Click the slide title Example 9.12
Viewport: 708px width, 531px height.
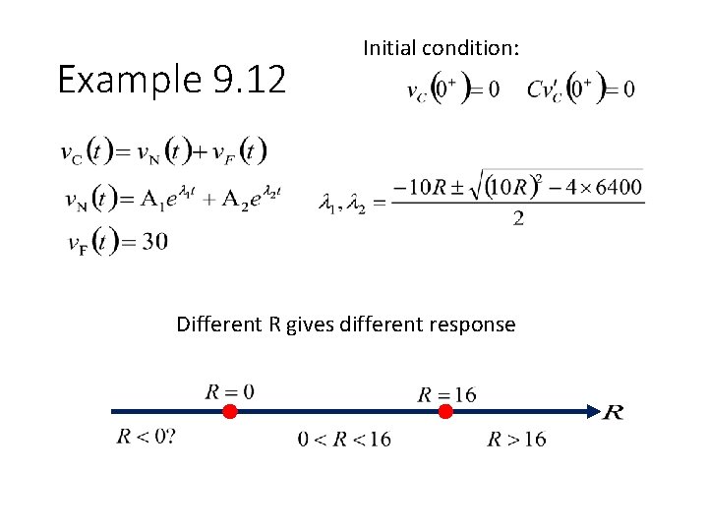[x=172, y=79]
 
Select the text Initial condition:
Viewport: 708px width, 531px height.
[x=442, y=47]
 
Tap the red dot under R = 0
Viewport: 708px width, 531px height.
[x=229, y=411]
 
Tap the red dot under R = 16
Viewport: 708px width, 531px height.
[x=444, y=411]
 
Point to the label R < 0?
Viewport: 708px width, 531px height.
[x=147, y=436]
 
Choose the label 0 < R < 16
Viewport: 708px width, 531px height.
[x=344, y=439]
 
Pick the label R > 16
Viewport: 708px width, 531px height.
[x=516, y=439]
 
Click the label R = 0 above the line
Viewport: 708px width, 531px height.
[x=229, y=391]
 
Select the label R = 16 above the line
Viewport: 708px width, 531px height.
[x=446, y=394]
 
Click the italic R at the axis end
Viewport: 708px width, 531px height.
[x=612, y=412]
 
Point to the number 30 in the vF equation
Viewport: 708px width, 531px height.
[x=154, y=241]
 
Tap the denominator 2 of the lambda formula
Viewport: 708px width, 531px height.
[x=517, y=218]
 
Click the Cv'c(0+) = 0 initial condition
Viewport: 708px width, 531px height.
[x=580, y=89]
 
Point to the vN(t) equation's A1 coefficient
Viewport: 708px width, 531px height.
[x=151, y=199]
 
